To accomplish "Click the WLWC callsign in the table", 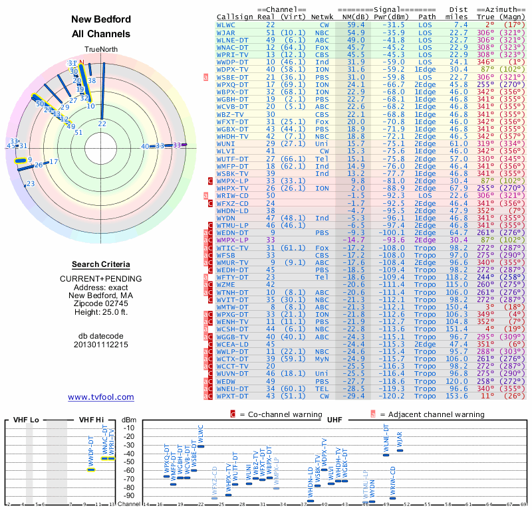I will tap(226, 25).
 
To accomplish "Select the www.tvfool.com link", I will tap(101, 397).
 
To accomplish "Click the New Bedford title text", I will tap(100, 20).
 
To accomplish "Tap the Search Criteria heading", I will tap(101, 264).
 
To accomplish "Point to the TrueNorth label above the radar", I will tap(101, 50).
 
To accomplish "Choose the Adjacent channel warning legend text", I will tap(432, 414).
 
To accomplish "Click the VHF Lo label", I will tap(29, 420).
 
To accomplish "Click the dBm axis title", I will tap(128, 420).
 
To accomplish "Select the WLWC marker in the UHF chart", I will tap(201, 446).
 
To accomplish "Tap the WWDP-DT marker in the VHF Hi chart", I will tap(91, 469).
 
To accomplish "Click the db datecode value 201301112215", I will tap(101, 345).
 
